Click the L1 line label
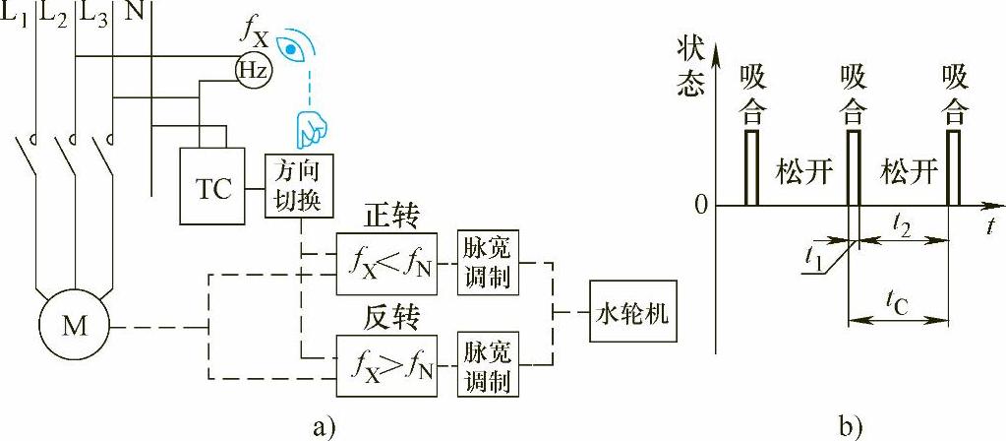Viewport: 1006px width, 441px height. (17, 15)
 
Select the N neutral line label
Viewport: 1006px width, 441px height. (133, 14)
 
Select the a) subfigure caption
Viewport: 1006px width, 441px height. (325, 426)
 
